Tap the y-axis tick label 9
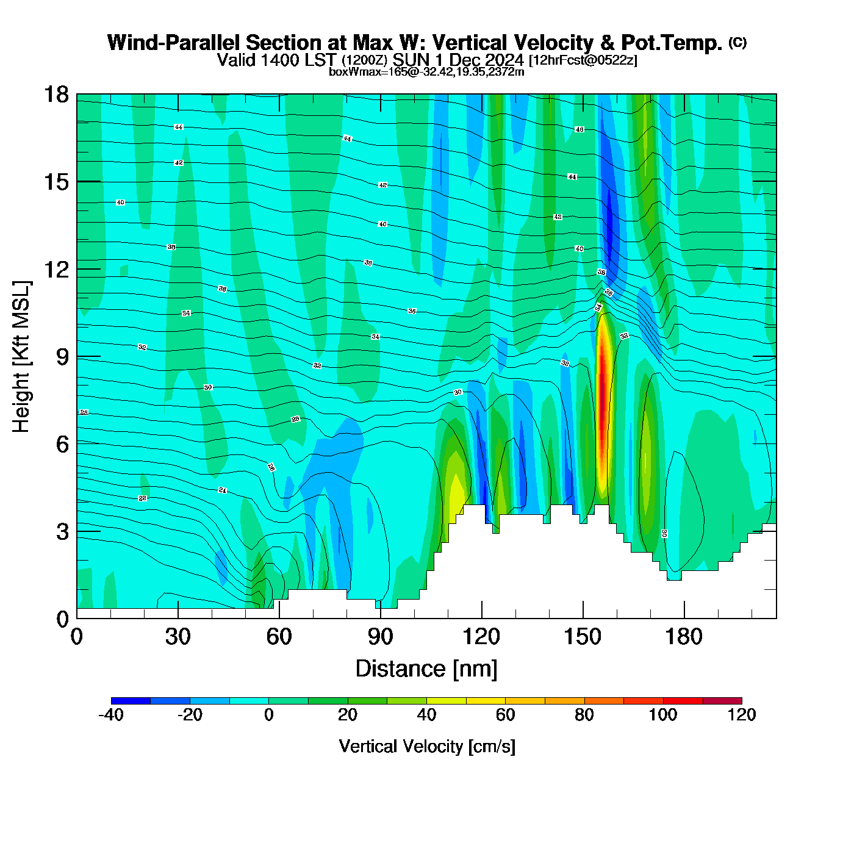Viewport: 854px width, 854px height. [62, 357]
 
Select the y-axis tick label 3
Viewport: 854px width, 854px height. [62, 532]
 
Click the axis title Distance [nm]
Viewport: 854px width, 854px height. [426, 669]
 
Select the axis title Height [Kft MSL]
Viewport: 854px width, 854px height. [21, 357]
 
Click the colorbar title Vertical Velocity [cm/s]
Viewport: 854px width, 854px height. [427, 746]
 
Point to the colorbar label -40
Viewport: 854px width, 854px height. [110, 715]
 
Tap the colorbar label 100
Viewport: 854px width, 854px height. [663, 715]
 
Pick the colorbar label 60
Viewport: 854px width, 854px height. [505, 715]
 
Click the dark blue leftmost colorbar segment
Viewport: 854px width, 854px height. [131, 701]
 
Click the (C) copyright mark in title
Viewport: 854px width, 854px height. [737, 42]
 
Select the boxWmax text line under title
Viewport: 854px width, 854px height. [426, 72]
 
